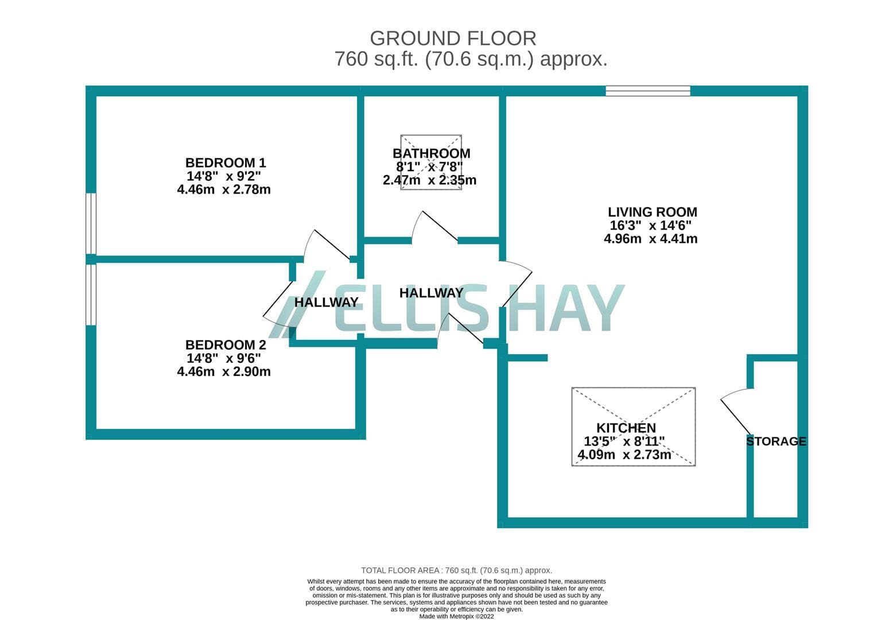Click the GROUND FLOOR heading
(453, 38)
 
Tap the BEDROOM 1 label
(225, 162)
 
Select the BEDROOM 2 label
(225, 344)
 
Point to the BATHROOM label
(432, 153)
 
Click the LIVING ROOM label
(652, 212)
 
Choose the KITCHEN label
(626, 428)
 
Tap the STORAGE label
(776, 441)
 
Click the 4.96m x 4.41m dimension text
(651, 239)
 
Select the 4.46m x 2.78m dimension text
(224, 189)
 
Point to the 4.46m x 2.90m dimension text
(224, 371)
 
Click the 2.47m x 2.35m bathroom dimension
(429, 180)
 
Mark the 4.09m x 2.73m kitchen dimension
(624, 455)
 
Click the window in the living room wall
(648, 91)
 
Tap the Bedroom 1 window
(91, 224)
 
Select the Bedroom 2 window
(91, 294)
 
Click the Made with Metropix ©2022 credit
(456, 616)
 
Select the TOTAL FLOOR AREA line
(456, 570)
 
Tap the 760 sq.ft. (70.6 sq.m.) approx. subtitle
(471, 59)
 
